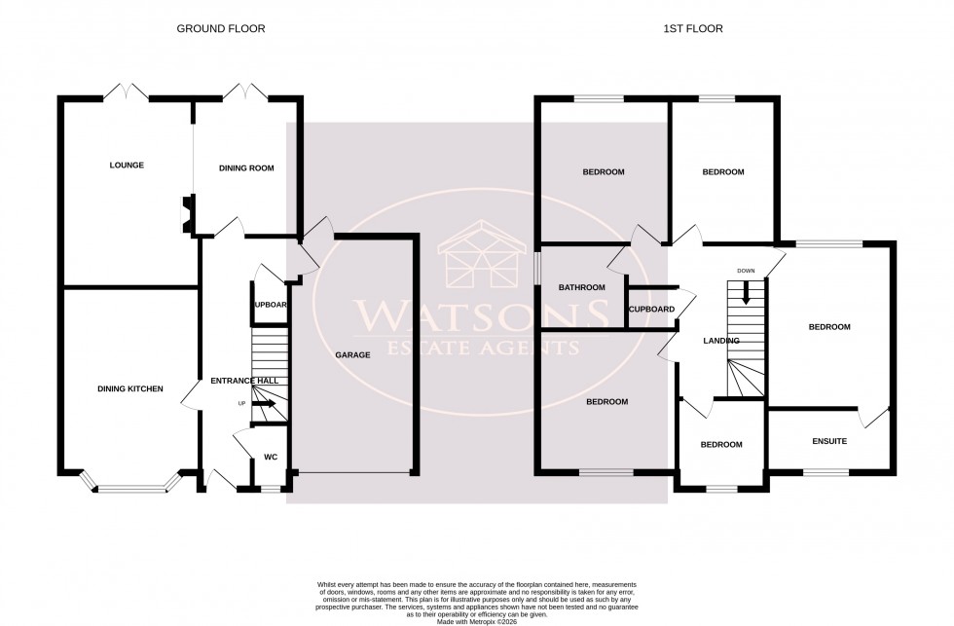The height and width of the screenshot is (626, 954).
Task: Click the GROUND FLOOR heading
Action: (x=220, y=29)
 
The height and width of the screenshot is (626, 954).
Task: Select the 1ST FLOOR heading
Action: (x=694, y=29)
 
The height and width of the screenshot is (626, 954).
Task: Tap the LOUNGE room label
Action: (x=127, y=166)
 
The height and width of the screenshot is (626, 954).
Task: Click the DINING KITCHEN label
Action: (x=129, y=389)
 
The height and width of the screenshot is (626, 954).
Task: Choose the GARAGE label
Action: (x=352, y=355)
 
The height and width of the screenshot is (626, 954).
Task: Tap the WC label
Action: (x=271, y=457)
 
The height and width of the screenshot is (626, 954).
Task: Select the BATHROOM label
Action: (x=581, y=288)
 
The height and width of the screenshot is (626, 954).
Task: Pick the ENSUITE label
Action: (x=828, y=442)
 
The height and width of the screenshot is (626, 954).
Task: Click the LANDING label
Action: (x=720, y=341)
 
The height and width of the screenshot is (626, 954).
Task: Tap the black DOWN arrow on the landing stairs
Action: (x=746, y=292)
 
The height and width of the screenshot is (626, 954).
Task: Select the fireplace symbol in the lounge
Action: (x=186, y=214)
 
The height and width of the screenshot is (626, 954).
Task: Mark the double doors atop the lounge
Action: (x=127, y=93)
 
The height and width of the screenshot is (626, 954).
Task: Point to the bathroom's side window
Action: (x=536, y=271)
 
